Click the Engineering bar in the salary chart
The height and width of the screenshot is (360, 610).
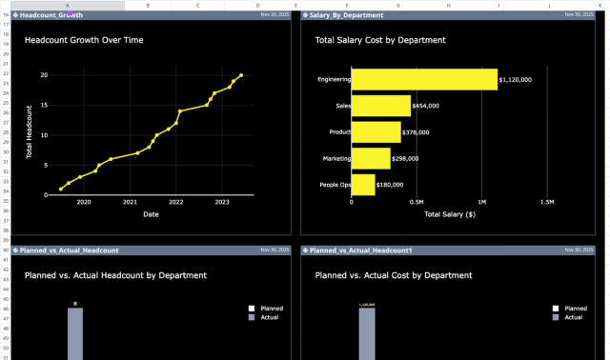point(424,80)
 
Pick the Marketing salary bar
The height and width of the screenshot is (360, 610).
point(370,158)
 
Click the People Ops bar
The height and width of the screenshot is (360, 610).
point(362,185)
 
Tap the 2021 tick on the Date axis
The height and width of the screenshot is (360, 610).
point(130,202)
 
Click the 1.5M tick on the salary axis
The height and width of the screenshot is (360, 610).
point(546,202)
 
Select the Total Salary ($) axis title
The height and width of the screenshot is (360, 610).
point(449,214)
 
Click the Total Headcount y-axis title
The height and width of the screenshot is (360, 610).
point(30,131)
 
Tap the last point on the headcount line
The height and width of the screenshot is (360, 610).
point(241,75)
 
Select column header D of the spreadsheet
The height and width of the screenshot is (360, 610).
point(257,5)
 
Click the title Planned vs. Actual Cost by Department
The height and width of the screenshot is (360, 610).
point(393,275)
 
